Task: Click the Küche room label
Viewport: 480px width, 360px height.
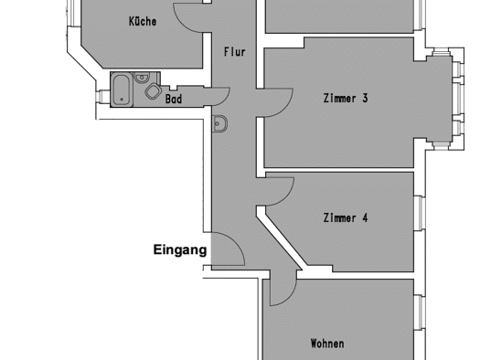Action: pyautogui.click(x=143, y=21)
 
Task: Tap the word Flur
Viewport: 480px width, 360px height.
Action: pyautogui.click(x=235, y=52)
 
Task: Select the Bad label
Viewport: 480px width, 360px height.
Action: pyautogui.click(x=174, y=99)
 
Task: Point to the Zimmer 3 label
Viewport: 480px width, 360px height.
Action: pyautogui.click(x=346, y=98)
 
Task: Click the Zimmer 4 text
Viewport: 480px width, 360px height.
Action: pyautogui.click(x=346, y=217)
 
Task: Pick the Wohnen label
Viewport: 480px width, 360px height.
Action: pyautogui.click(x=327, y=344)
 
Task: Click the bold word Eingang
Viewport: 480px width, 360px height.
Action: pyautogui.click(x=180, y=249)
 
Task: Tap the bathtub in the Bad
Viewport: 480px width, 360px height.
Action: pyautogui.click(x=122, y=90)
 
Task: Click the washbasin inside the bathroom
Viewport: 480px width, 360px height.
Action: pyautogui.click(x=142, y=78)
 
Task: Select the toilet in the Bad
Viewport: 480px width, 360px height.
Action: pyautogui.click(x=154, y=90)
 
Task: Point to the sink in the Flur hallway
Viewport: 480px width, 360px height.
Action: pyautogui.click(x=219, y=123)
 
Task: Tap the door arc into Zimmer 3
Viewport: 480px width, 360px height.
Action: pyautogui.click(x=284, y=108)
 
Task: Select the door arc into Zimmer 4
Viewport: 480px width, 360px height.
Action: pyautogui.click(x=286, y=196)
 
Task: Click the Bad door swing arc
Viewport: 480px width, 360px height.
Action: pyautogui.click(x=224, y=100)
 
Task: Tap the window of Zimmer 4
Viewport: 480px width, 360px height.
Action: pyautogui.click(x=420, y=213)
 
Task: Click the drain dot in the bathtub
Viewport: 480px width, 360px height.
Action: pyautogui.click(x=122, y=100)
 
